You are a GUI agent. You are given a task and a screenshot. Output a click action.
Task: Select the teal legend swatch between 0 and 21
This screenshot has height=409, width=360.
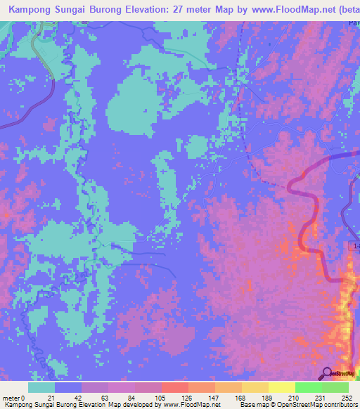(41, 387)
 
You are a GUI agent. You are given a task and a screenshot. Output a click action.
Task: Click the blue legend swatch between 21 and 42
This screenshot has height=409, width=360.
(68, 387)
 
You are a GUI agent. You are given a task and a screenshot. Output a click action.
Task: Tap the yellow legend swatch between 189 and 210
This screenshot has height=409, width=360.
(282, 387)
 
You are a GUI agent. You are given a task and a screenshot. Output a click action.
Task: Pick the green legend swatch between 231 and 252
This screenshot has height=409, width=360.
(335, 387)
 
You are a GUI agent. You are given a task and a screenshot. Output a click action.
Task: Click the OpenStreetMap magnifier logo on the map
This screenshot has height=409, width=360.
(328, 373)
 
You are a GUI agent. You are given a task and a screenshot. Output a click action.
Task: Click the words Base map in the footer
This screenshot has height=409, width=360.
(252, 405)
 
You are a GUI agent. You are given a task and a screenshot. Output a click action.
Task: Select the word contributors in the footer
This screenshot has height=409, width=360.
(338, 405)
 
